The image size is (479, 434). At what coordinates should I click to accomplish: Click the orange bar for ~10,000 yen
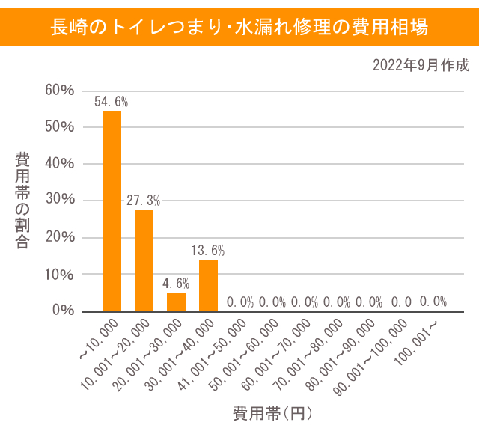(112, 210)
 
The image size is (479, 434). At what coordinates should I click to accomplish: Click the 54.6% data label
(111, 102)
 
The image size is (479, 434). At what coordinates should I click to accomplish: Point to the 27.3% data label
(143, 201)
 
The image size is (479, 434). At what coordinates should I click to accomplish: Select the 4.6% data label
(176, 284)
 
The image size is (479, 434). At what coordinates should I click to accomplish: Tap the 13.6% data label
(208, 251)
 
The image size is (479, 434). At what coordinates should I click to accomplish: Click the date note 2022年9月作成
(421, 65)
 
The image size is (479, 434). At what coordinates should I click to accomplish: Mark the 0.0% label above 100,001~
(433, 302)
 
